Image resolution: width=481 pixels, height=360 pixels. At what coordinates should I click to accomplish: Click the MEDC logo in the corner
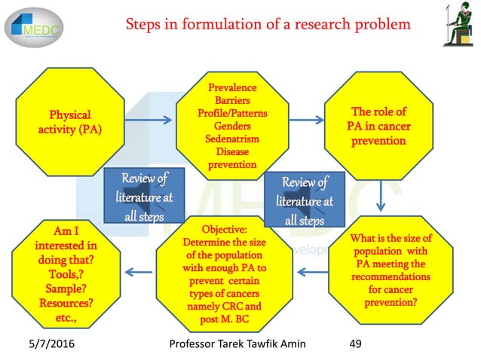click(x=36, y=28)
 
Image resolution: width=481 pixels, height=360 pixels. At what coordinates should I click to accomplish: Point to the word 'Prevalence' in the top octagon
click(x=232, y=89)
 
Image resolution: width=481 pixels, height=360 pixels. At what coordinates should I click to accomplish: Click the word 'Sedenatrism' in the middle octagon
click(x=232, y=139)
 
